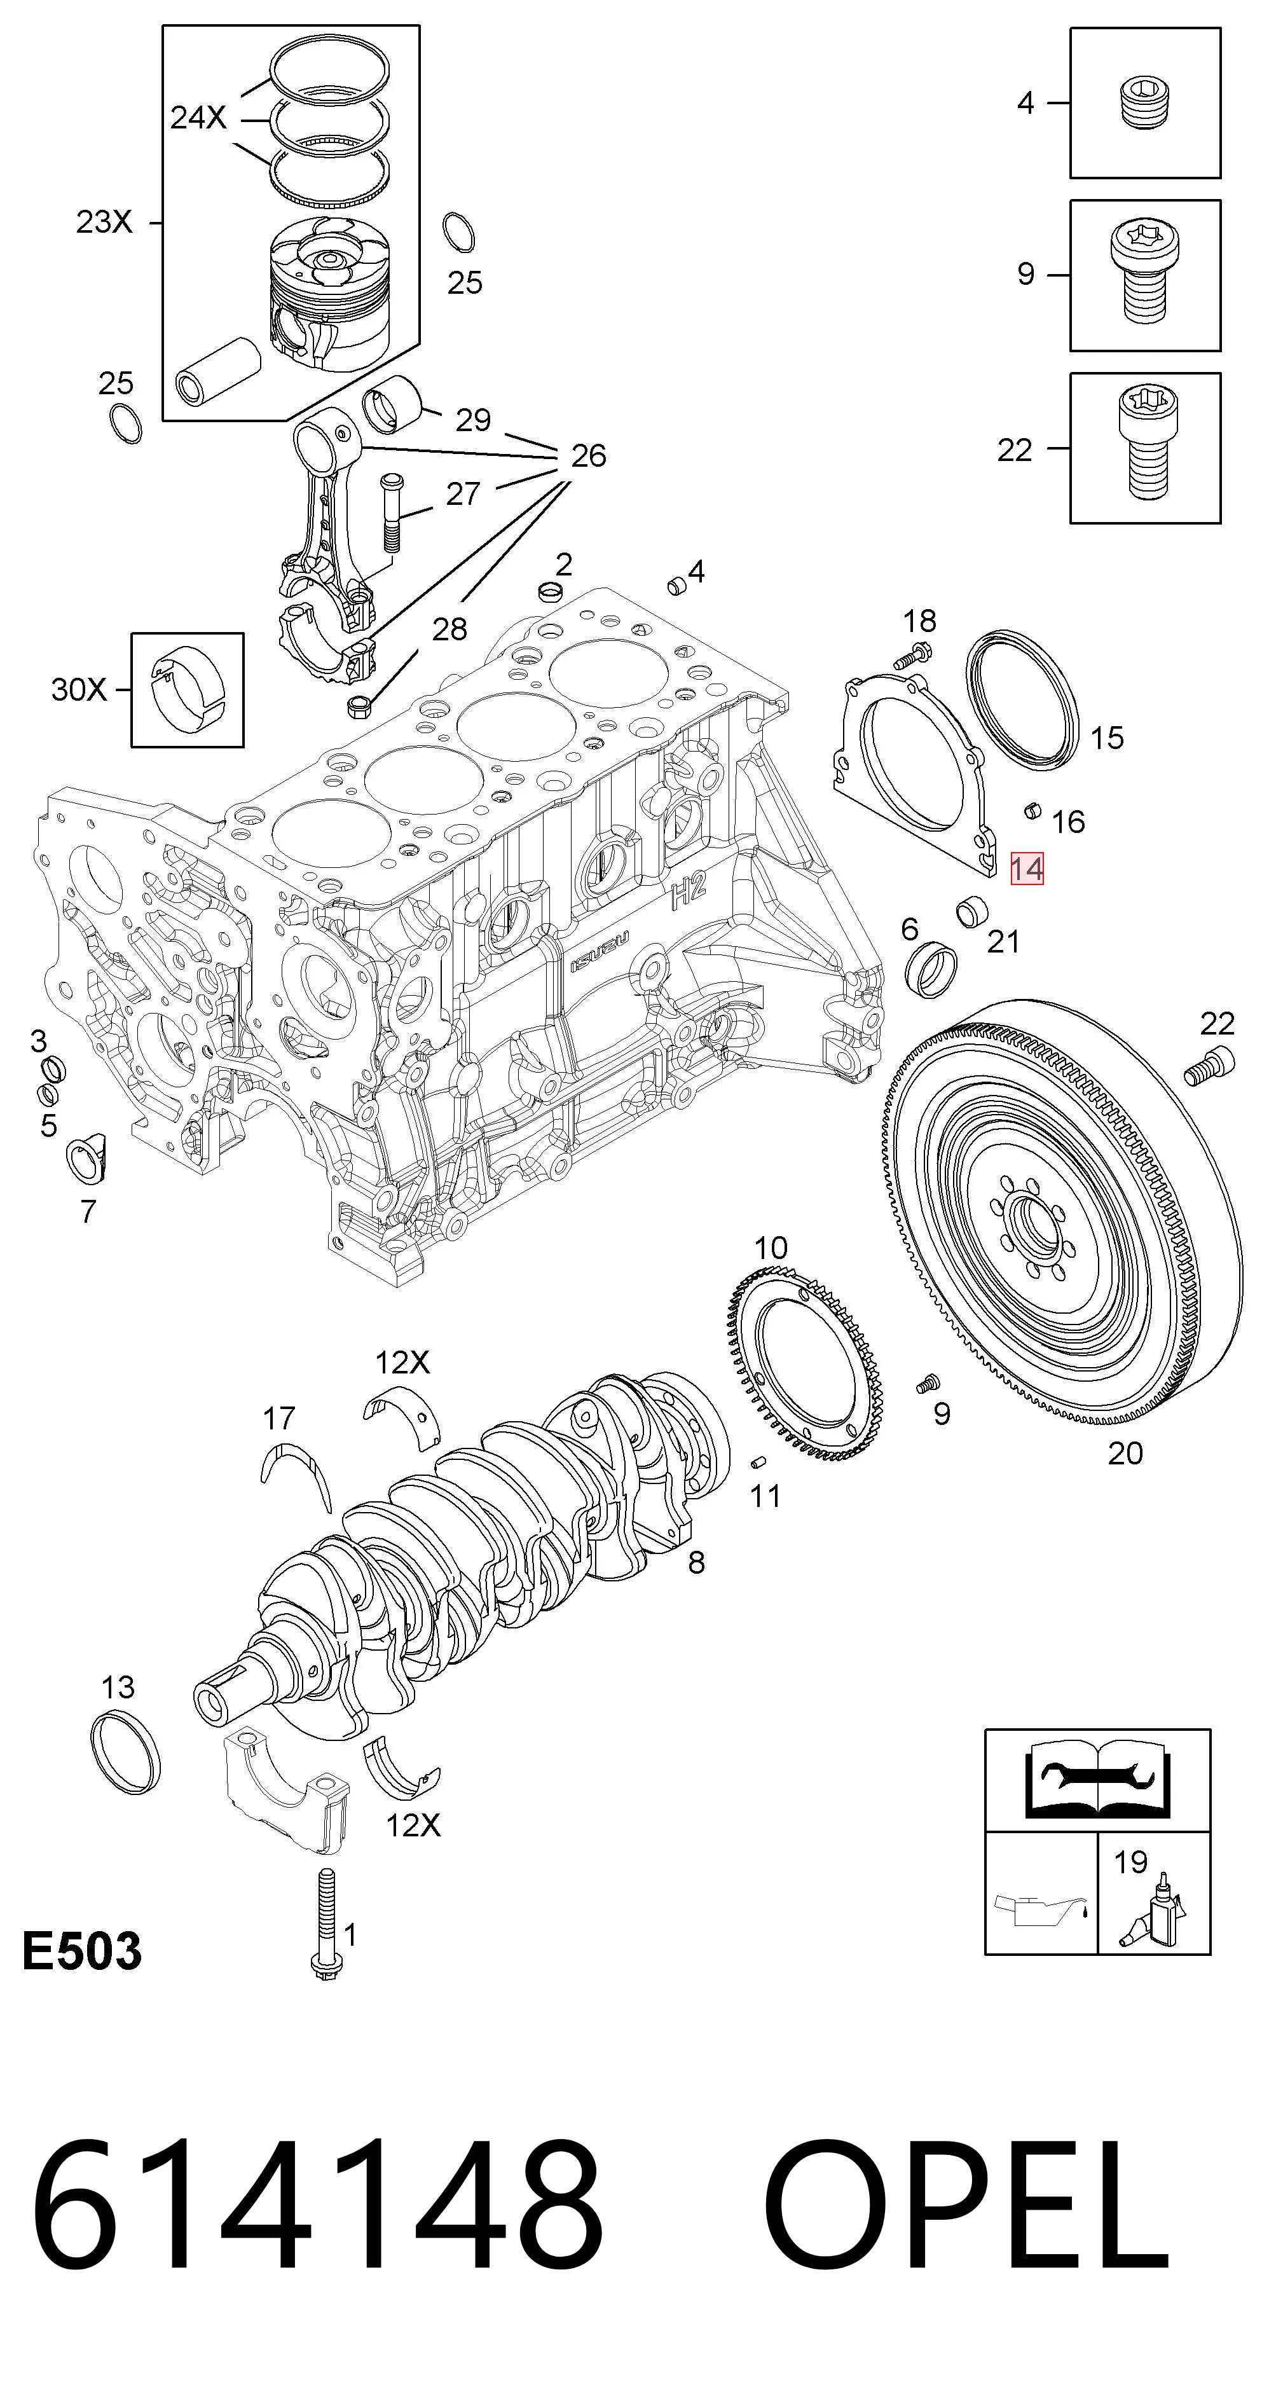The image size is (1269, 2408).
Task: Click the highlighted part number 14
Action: [1026, 869]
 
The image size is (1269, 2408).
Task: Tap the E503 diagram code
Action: [81, 1951]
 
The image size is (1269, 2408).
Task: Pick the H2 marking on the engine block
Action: [689, 893]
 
